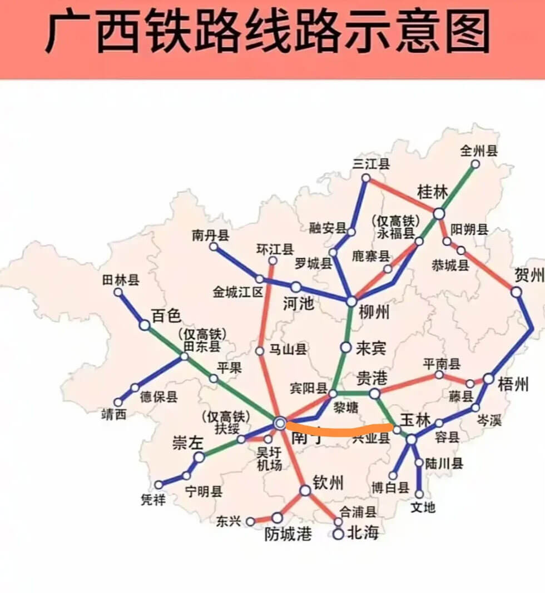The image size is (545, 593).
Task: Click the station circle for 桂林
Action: click(x=439, y=213)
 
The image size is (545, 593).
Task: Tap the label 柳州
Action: click(x=374, y=313)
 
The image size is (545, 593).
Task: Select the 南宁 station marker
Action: click(x=280, y=424)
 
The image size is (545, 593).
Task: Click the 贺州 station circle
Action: click(x=517, y=292)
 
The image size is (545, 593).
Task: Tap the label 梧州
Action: click(x=513, y=384)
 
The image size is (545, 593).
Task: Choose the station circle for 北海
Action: click(x=339, y=534)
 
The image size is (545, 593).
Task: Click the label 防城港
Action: click(x=288, y=534)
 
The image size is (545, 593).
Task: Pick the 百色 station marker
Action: click(x=145, y=325)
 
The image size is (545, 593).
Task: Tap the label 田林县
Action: click(x=121, y=280)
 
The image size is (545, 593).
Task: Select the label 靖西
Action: click(x=113, y=414)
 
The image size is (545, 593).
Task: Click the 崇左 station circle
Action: click(x=199, y=457)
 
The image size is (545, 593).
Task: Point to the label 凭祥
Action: click(x=153, y=500)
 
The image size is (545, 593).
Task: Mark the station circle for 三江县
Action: click(x=366, y=178)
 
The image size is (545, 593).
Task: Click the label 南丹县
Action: click(x=210, y=235)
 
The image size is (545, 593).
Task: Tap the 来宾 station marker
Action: click(x=346, y=348)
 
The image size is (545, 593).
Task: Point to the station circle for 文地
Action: click(x=419, y=494)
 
